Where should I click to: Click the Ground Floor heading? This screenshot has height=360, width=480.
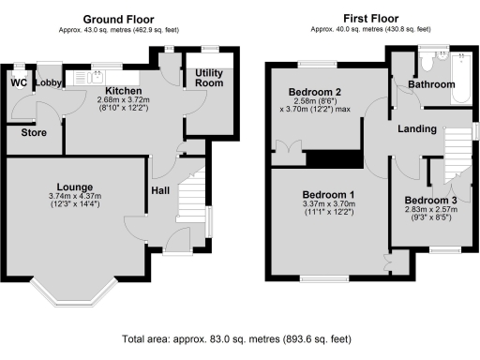click(118, 20)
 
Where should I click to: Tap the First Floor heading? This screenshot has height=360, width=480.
click(371, 19)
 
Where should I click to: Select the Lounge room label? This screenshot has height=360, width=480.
click(75, 187)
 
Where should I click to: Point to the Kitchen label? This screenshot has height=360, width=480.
click(124, 91)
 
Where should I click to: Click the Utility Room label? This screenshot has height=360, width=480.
click(209, 78)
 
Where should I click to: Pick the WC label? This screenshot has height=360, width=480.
click(19, 82)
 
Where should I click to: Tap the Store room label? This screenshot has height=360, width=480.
click(34, 132)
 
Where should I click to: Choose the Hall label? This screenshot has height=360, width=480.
click(160, 190)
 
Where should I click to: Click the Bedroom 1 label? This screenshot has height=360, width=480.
click(328, 195)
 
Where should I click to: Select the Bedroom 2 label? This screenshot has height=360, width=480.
click(315, 92)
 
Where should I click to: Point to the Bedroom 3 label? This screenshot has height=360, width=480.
click(430, 200)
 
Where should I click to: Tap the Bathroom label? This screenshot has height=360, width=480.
click(431, 84)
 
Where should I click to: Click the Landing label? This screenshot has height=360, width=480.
click(417, 128)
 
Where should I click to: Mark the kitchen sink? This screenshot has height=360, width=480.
click(93, 78)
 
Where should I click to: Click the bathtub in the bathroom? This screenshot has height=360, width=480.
click(461, 78)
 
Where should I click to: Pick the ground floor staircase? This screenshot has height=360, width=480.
click(190, 195)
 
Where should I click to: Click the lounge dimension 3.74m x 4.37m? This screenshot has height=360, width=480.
click(75, 196)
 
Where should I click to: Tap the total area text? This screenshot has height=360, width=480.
click(236, 339)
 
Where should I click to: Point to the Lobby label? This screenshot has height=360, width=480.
click(49, 82)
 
